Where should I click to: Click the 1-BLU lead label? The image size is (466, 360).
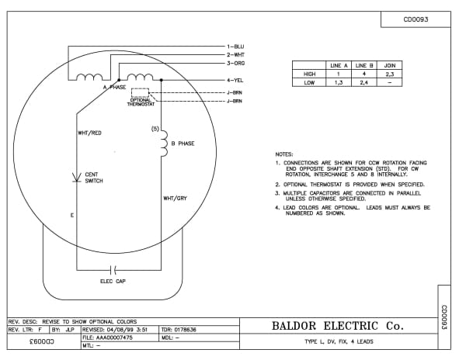[x=236, y=47]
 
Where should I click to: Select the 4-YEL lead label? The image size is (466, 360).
[x=236, y=80]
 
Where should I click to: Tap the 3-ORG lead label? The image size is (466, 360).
[x=236, y=63]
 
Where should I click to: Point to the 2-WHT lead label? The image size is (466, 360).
[x=236, y=55]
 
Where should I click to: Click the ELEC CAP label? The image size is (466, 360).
[x=113, y=280]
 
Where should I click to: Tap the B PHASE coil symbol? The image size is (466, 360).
[x=163, y=143]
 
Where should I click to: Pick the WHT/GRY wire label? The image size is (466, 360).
[x=175, y=199]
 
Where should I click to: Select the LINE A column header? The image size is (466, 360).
[x=339, y=65]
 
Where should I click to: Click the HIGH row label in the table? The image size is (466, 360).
[x=308, y=73]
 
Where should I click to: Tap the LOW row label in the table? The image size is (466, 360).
[x=308, y=81]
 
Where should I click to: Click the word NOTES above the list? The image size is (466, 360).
[x=285, y=154]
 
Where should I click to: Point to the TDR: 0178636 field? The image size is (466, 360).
[x=183, y=329]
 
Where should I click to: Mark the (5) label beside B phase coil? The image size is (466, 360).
[x=155, y=128]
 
